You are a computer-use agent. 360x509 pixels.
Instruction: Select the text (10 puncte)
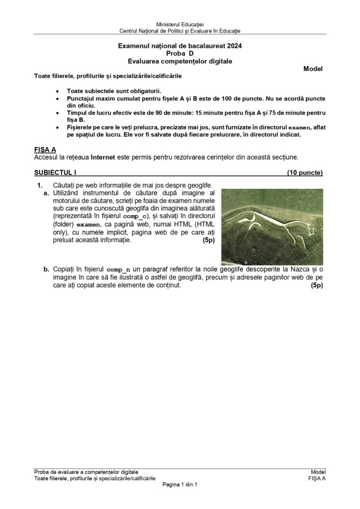click(x=304, y=173)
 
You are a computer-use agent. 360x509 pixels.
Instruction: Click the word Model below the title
click(x=313, y=69)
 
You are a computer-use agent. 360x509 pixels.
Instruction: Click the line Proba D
click(x=180, y=54)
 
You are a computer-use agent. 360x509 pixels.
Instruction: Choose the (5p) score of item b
click(x=317, y=286)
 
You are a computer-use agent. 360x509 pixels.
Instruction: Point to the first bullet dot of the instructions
click(x=60, y=92)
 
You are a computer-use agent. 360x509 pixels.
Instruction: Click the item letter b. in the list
click(x=46, y=269)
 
